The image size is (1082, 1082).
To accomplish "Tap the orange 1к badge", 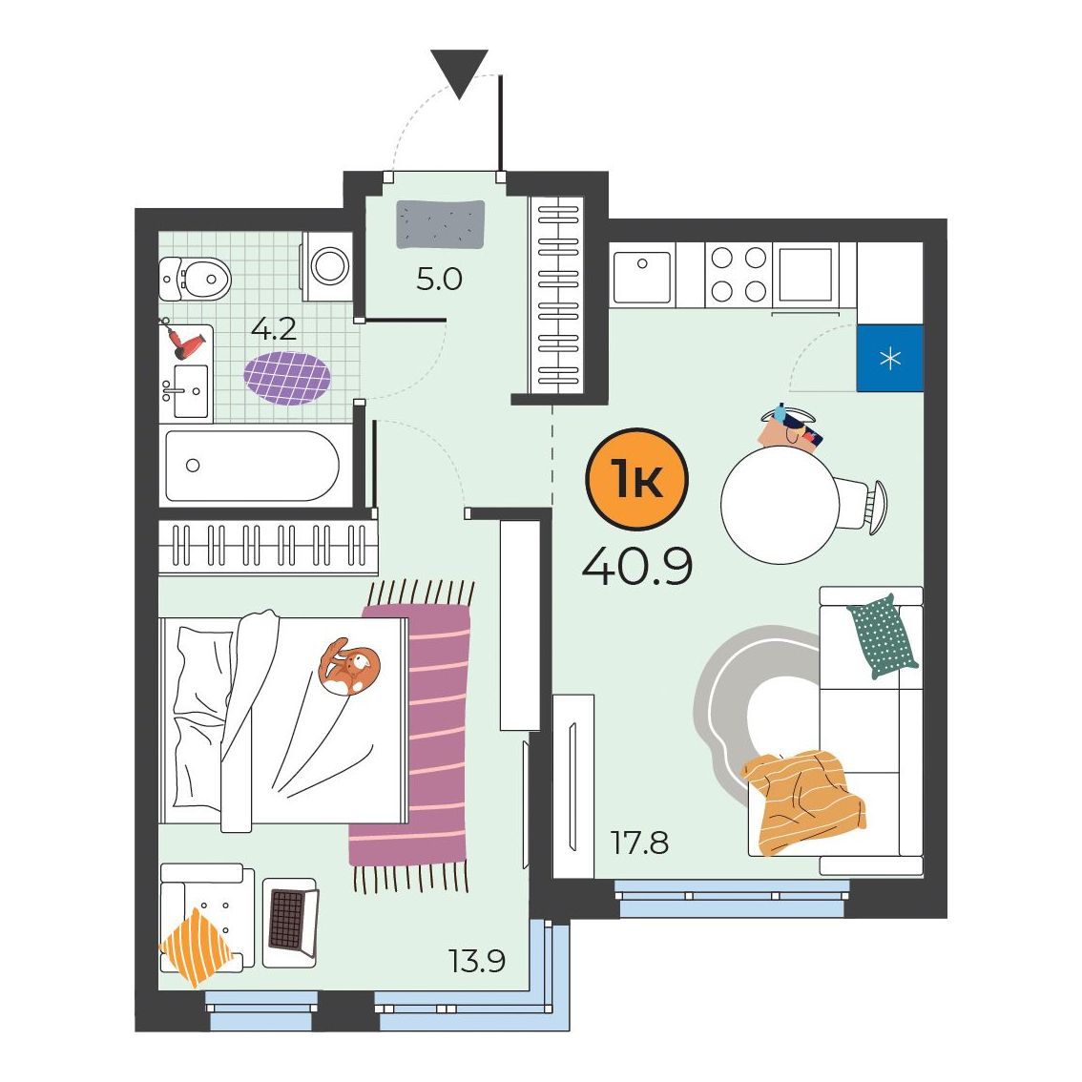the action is coord(636,479).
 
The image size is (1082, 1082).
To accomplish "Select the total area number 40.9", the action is coord(637,568).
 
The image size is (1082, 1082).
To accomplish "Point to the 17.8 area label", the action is coord(639,843).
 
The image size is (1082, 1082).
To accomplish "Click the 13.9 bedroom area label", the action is coord(477,960).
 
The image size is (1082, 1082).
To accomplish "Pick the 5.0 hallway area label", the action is coord(439,280).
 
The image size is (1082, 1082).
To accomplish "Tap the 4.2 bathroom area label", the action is coord(274,329).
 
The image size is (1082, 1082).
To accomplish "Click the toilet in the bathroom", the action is coord(195,279).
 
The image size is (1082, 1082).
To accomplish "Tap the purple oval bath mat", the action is coord(287,378).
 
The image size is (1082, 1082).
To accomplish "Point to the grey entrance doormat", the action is coord(440,223).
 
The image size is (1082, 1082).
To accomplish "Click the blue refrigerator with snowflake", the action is coord(889,358).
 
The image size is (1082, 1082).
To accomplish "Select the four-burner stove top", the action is coord(739,274).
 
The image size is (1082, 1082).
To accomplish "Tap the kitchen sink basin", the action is coord(641,277).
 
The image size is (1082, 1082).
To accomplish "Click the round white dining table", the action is coord(780,505).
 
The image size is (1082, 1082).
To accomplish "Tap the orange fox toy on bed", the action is coord(348,667).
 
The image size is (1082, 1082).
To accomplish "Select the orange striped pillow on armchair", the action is coord(196,947).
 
